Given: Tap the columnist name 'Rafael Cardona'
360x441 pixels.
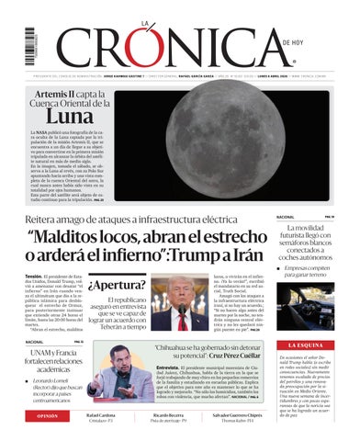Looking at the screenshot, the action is [106, 415].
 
